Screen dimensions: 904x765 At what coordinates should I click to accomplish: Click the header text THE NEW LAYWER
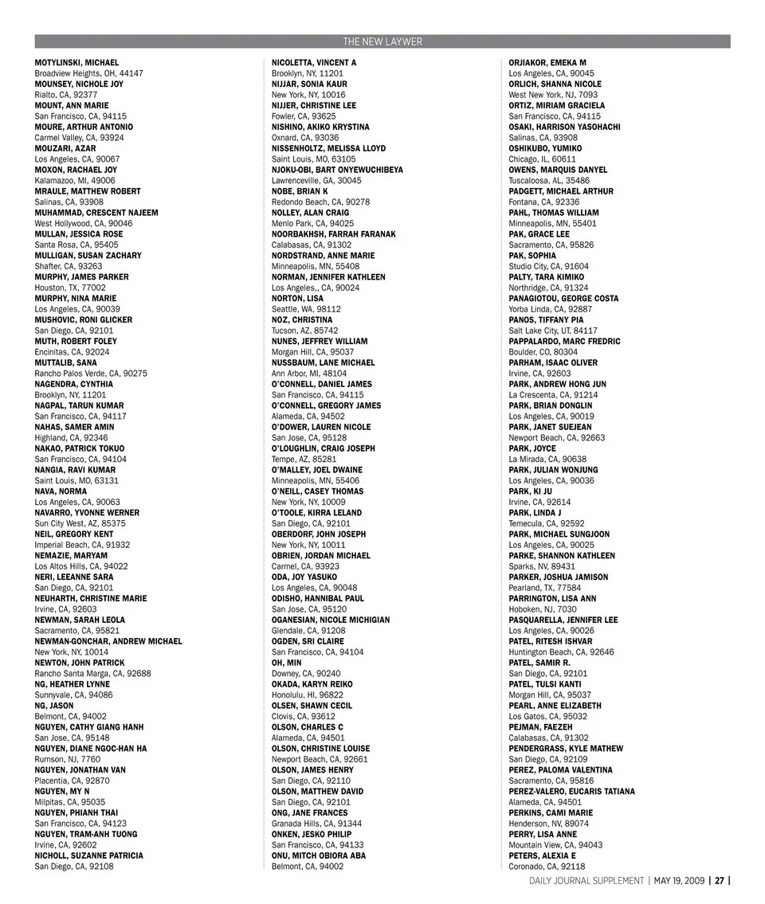[x=382, y=41]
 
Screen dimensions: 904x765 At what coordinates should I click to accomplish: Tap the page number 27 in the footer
[x=719, y=881]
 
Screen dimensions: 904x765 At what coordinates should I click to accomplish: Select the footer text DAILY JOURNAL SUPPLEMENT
[x=586, y=881]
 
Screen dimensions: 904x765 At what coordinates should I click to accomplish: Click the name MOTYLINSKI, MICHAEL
[x=76, y=62]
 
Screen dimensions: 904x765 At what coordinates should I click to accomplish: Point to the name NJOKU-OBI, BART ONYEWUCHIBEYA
[x=337, y=170]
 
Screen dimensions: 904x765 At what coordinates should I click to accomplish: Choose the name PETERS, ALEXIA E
[x=542, y=855]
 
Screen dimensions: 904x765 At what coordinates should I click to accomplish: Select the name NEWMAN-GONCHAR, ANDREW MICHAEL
[x=108, y=641]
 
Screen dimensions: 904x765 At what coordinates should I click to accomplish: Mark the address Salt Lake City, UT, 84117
[x=553, y=331]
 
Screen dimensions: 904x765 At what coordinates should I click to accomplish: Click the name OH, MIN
[x=286, y=663]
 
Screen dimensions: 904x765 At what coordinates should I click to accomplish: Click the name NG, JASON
[x=54, y=706]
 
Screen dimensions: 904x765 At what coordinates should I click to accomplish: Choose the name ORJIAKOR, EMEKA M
[x=547, y=62]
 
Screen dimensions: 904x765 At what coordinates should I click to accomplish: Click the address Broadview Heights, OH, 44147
[x=89, y=73]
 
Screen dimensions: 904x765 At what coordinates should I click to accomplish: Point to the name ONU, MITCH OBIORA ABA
[x=319, y=855]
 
